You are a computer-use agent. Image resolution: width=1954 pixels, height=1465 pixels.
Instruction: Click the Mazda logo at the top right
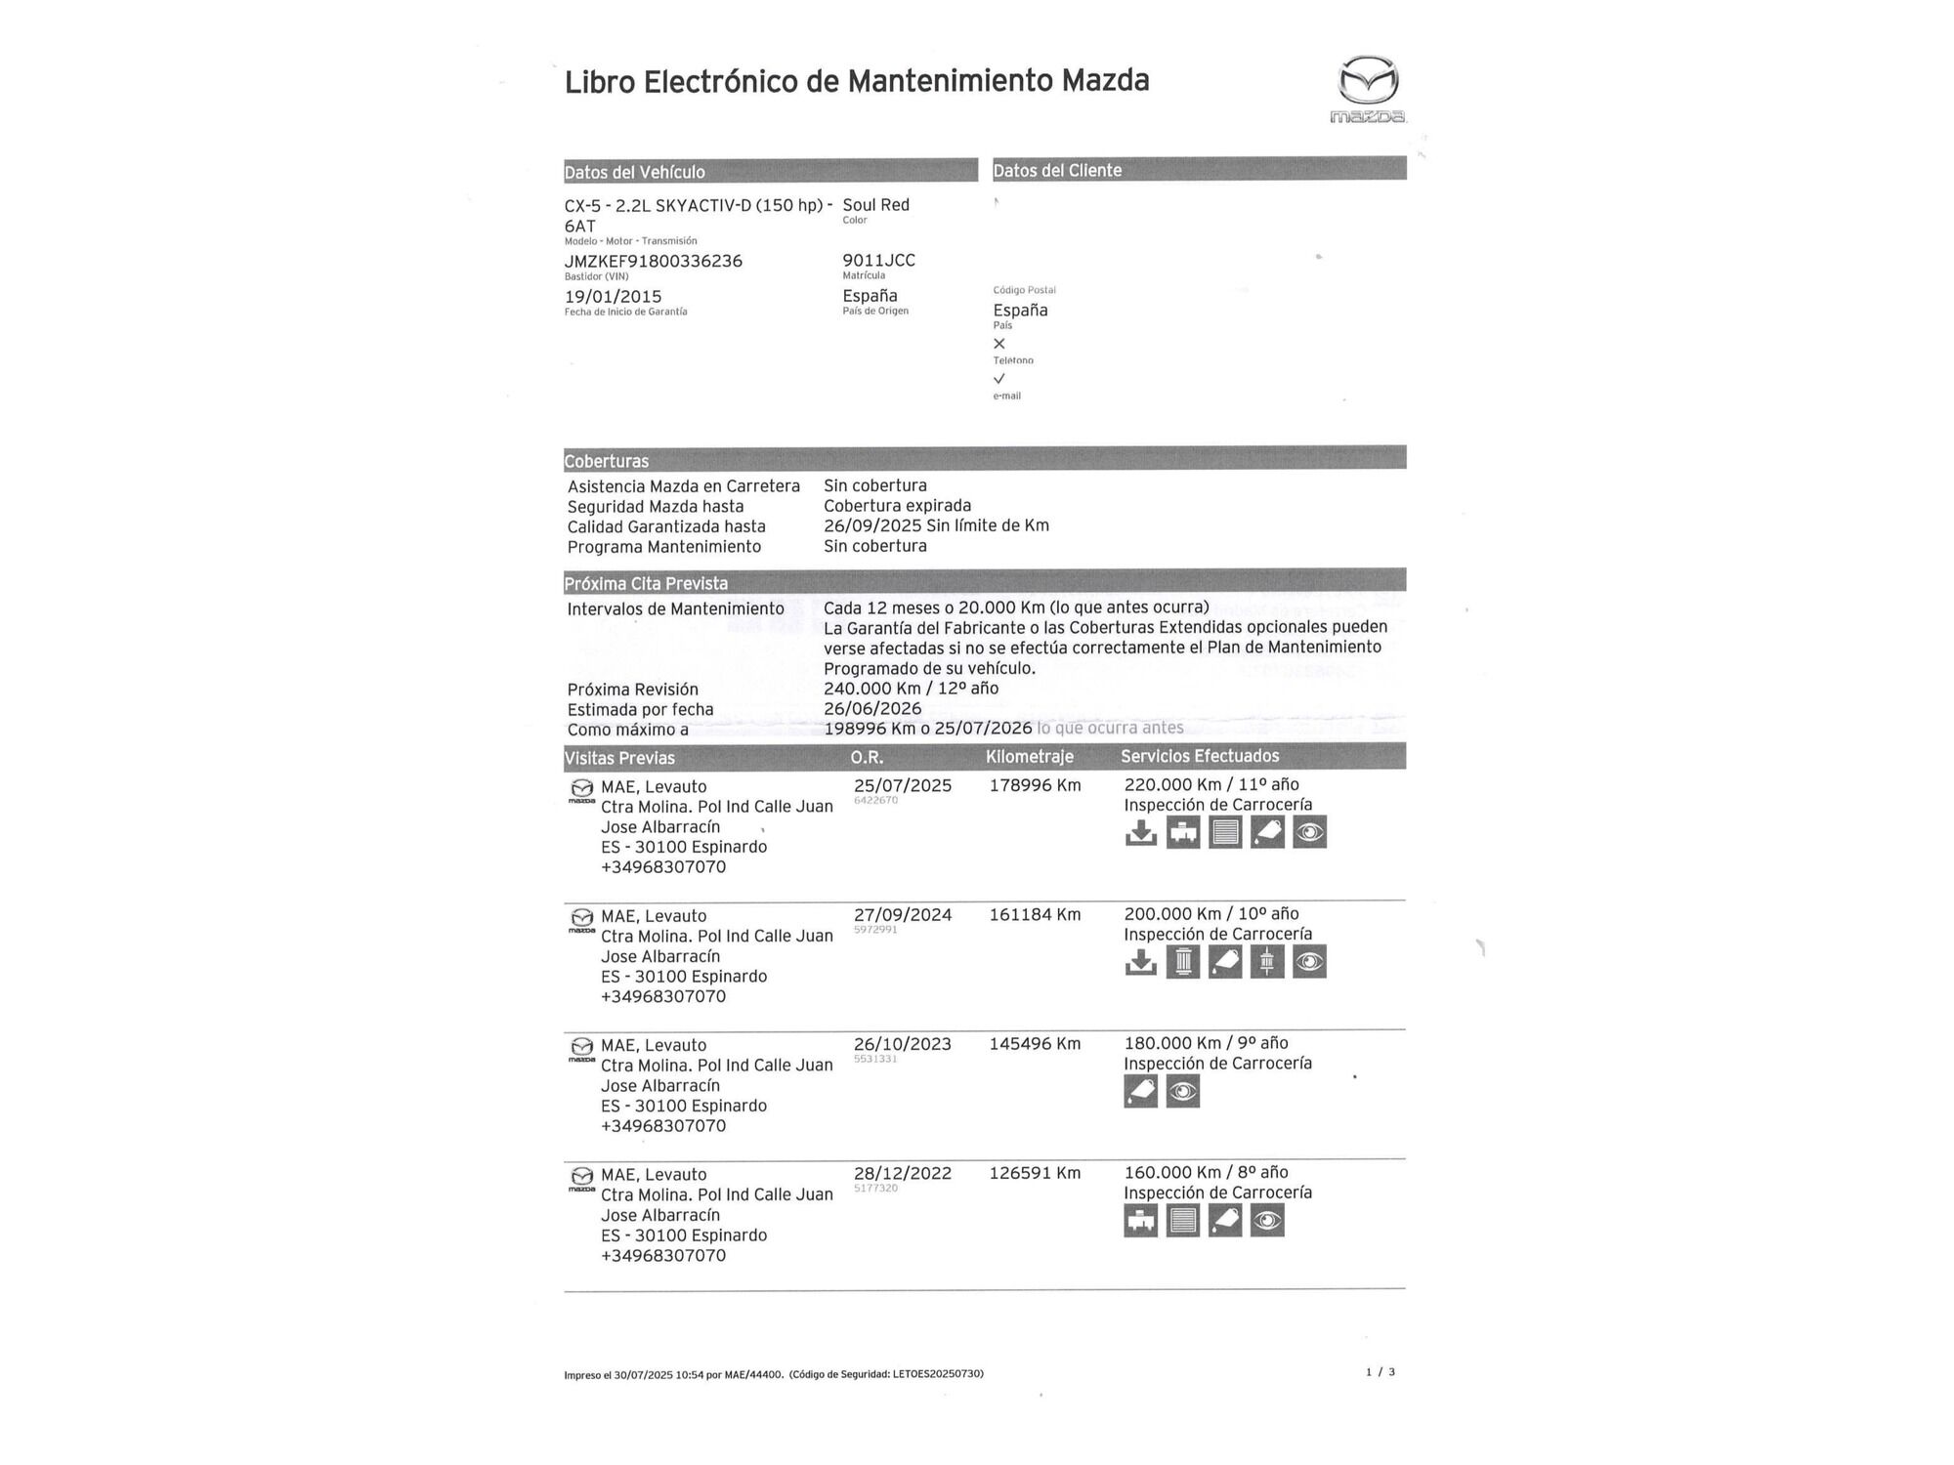pos(1368,88)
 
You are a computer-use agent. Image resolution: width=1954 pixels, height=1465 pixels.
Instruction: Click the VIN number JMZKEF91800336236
pos(653,261)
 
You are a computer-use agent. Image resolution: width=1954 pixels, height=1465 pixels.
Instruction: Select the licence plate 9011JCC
pos(878,260)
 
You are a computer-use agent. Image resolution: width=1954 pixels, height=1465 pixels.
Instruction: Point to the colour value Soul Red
pos(875,205)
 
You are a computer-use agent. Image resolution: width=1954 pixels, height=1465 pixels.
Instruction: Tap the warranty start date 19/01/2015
pos(613,296)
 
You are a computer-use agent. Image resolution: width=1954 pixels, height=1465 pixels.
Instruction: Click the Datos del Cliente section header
pos(1057,170)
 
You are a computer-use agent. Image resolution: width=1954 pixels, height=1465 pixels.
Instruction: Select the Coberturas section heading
pos(606,461)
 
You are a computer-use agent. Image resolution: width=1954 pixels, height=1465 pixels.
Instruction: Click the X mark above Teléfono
pos(998,344)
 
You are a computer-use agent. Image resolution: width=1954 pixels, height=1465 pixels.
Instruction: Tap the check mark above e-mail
pos(998,379)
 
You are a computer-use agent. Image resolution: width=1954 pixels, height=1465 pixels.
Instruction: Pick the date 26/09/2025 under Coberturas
pos(872,525)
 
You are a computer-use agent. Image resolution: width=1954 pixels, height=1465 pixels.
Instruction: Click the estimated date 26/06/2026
pos(872,709)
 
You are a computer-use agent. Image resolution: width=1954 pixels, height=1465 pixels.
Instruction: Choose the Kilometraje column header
pos(1029,757)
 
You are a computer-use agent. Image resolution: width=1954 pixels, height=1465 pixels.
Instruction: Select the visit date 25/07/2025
pos(902,785)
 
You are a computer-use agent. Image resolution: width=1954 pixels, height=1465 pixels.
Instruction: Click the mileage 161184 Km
pos(1035,915)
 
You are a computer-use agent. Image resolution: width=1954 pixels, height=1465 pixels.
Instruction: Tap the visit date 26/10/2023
pos(902,1044)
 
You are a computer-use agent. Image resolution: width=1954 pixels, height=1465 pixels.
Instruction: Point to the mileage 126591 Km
pos(1035,1173)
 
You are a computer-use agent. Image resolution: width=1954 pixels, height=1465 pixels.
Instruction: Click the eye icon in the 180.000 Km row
pos(1182,1091)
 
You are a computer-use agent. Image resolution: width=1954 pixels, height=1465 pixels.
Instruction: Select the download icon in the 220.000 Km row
pos(1140,832)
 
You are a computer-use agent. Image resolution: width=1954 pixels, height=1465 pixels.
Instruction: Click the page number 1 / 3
pos(1380,1372)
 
